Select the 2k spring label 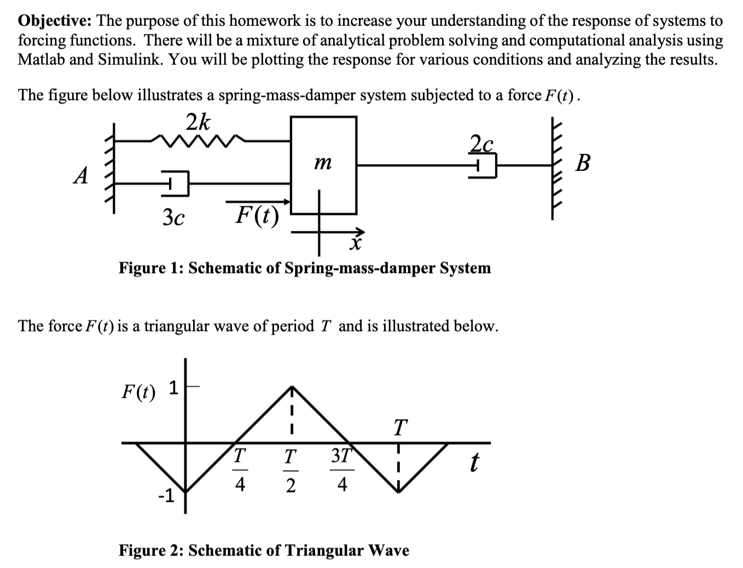[198, 122]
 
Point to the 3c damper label [173, 218]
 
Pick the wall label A [81, 176]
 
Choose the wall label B [583, 163]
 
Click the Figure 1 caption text [305, 268]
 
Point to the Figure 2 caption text [264, 550]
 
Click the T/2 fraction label [291, 470]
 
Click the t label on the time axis [474, 463]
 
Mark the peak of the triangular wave [292, 387]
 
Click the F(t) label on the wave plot [138, 391]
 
